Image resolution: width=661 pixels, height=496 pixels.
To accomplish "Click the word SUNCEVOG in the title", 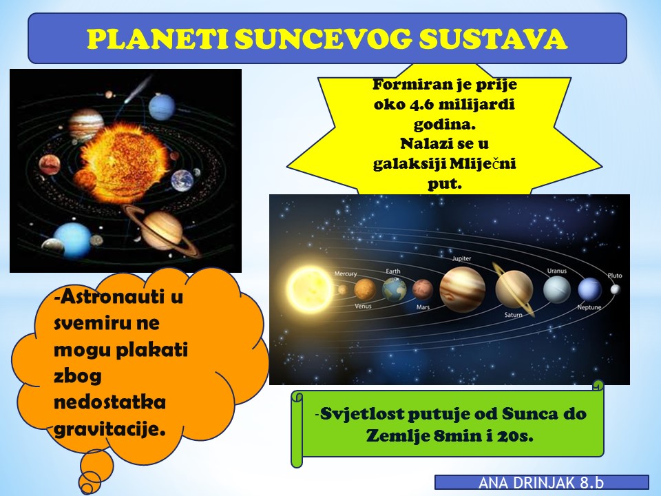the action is [x=323, y=39].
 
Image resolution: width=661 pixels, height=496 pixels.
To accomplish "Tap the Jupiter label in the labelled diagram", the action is [x=461, y=258].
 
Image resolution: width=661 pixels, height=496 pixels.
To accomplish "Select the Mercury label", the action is [x=346, y=273].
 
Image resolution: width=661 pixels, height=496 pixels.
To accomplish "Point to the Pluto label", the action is [x=615, y=276].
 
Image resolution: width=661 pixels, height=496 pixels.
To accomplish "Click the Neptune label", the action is [x=589, y=307].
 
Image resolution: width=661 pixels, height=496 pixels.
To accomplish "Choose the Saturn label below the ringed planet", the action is [x=513, y=315].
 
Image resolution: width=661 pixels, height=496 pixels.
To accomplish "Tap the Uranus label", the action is [x=557, y=271].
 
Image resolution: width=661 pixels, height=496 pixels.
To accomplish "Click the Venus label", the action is [x=363, y=306].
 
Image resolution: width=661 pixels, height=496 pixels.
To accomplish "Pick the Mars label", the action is [x=423, y=307].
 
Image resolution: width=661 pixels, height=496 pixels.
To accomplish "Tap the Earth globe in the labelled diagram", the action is [x=394, y=289].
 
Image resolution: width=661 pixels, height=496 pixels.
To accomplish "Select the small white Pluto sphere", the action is [x=616, y=289].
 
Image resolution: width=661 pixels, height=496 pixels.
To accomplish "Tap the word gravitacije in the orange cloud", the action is [x=109, y=429].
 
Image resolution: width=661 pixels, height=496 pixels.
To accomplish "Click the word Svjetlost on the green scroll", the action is [x=361, y=414].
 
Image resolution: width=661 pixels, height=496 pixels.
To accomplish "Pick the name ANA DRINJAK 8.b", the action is [x=541, y=483].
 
